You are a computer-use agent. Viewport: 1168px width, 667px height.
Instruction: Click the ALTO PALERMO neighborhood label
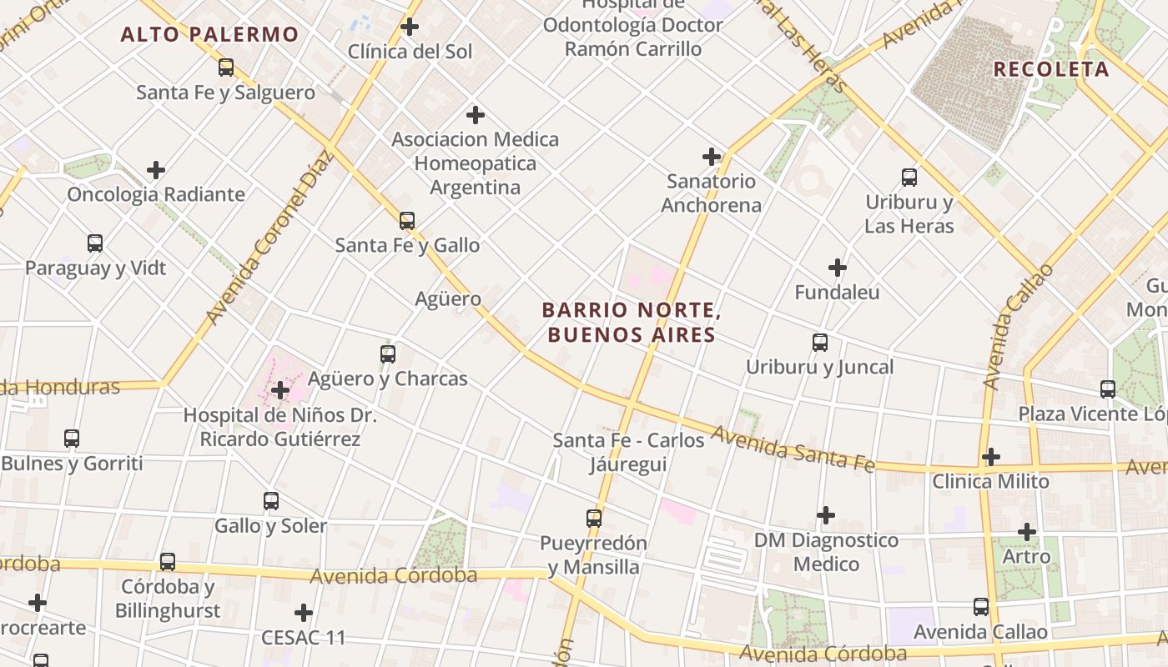[x=209, y=34]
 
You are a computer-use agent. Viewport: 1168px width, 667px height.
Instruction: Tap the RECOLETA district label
[x=1051, y=69]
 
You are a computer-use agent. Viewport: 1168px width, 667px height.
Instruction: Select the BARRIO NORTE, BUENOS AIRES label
[x=631, y=322]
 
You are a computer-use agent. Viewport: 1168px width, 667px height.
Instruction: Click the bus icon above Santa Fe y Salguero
[x=226, y=68]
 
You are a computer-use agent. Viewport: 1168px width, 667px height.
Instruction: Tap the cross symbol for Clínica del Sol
[x=410, y=27]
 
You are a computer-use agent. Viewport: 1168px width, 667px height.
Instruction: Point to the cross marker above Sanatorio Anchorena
[x=712, y=156]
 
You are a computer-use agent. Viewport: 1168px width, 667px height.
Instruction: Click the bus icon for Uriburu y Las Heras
[x=909, y=177]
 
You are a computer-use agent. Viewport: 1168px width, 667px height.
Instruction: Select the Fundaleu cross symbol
[x=838, y=268]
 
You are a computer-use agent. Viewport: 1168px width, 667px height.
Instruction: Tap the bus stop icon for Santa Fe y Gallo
[x=407, y=220]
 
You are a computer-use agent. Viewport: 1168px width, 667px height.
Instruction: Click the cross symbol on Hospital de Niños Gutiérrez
[x=280, y=390]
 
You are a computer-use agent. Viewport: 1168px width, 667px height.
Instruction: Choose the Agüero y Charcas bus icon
[x=388, y=354]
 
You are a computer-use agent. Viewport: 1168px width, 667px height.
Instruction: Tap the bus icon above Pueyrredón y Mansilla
[x=594, y=518]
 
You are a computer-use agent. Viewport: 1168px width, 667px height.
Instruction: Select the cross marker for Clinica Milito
[x=991, y=457]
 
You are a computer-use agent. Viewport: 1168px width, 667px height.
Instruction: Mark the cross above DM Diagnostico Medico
[x=826, y=515]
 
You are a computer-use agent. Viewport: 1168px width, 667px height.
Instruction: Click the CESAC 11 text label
[x=304, y=638]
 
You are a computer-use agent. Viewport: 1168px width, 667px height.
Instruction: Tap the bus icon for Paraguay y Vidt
[x=95, y=243]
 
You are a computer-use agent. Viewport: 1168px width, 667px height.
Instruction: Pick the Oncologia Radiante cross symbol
[x=156, y=170]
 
